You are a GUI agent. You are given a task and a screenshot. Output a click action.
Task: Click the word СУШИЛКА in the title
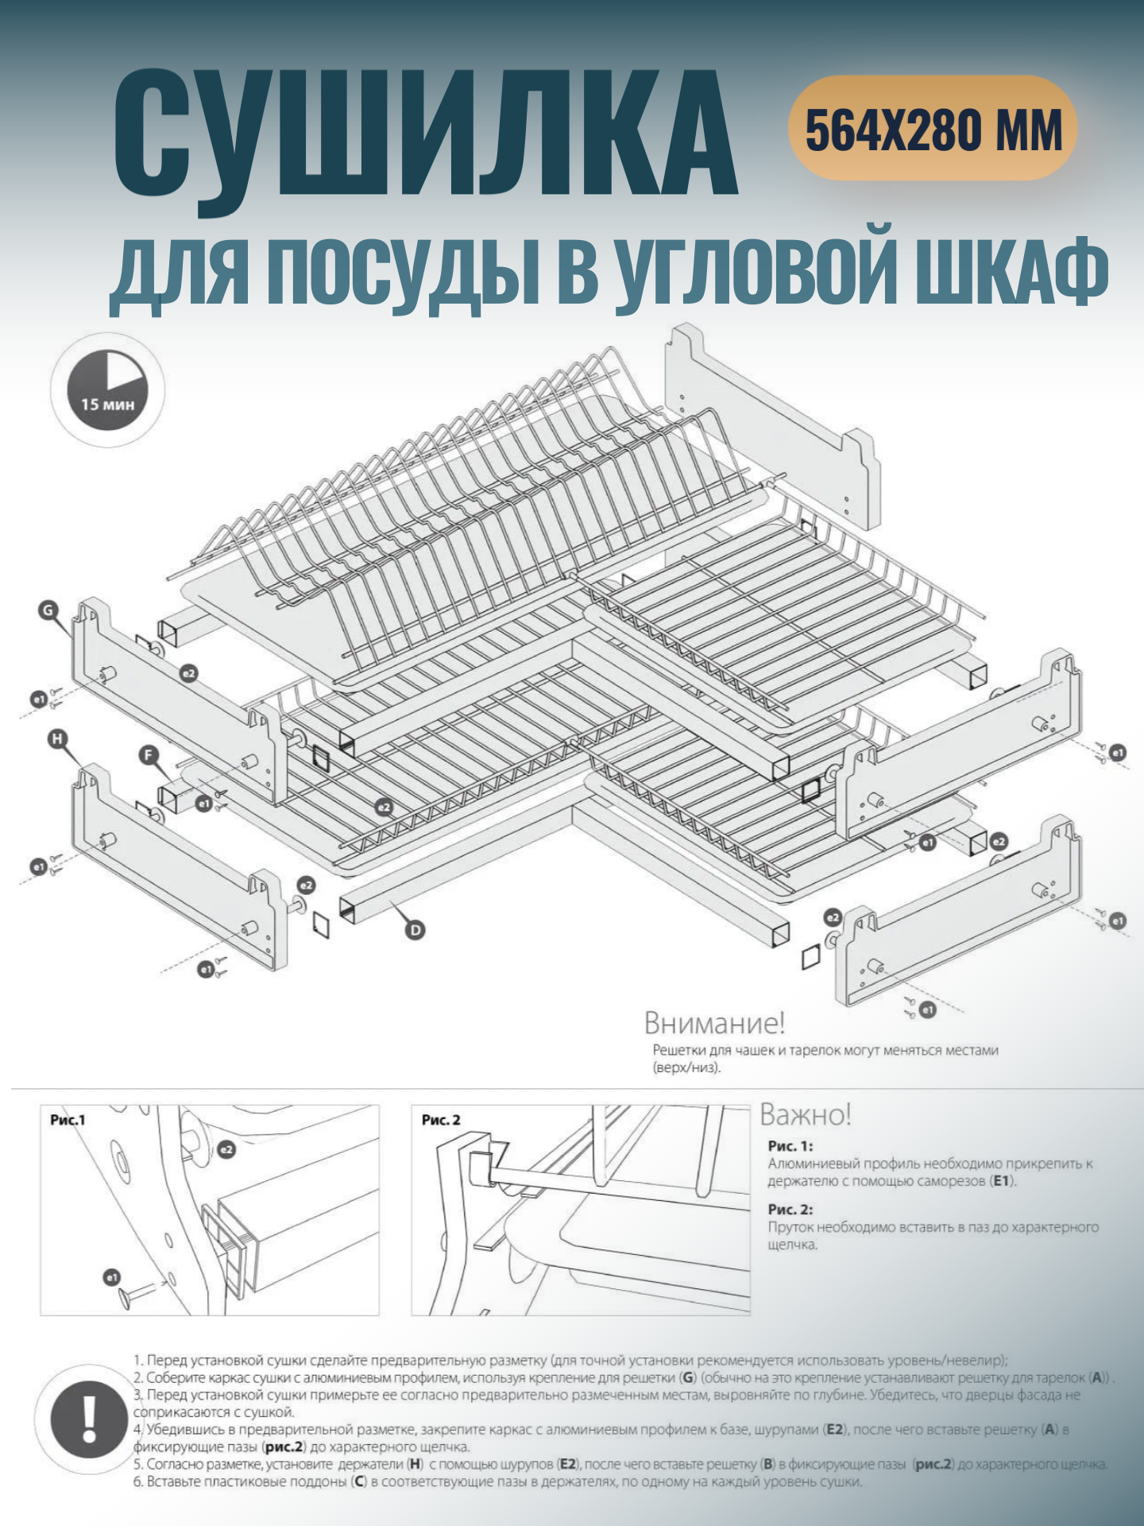[x=425, y=135]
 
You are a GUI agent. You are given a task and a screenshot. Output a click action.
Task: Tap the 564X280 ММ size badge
[x=933, y=129]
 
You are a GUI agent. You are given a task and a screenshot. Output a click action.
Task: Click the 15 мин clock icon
[x=108, y=390]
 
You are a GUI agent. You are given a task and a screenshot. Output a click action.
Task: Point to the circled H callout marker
[x=57, y=739]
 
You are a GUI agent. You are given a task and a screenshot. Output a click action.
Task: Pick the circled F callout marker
[x=149, y=755]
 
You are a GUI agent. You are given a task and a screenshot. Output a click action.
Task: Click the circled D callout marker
[x=415, y=929]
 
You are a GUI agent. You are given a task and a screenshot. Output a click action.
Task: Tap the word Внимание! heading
[x=714, y=1023]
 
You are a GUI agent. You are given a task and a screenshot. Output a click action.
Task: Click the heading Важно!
[x=806, y=1115]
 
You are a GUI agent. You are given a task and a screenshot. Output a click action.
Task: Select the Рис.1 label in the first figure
[x=68, y=1120]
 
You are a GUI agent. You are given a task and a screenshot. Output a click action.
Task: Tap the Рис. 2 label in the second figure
[x=441, y=1120]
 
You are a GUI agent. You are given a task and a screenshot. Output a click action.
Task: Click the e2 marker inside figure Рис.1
[x=226, y=1149]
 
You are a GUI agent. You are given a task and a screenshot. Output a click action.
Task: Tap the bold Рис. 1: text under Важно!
[x=790, y=1146]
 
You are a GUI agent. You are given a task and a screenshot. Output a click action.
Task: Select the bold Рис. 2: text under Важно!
[x=790, y=1209]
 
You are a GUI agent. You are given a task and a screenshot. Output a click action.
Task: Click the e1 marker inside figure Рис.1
[x=112, y=1277]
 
